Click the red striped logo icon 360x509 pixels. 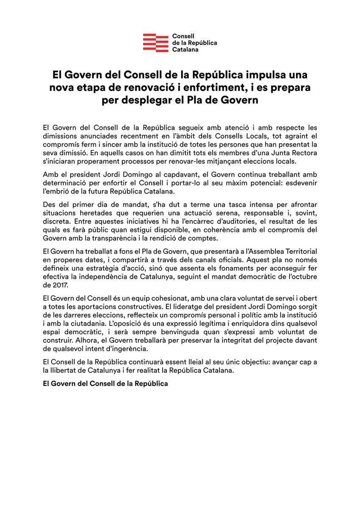(155, 43)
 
